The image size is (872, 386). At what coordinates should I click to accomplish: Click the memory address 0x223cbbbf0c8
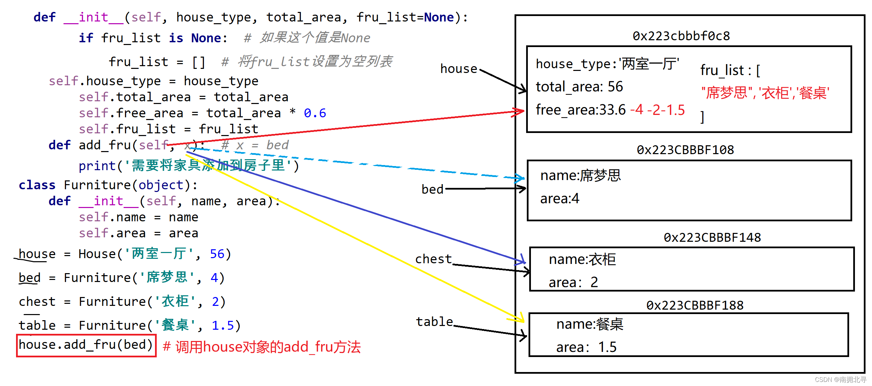coord(681,36)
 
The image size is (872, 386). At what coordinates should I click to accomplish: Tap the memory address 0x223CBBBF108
coord(685,150)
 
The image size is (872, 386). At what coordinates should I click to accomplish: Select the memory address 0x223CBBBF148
coord(712,238)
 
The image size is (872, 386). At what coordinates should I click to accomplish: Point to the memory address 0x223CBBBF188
coord(694,305)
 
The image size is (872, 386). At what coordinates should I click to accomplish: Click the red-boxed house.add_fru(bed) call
coord(86,345)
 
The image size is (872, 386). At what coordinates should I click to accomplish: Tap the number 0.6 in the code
coord(315,113)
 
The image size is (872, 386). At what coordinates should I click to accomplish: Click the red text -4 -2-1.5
coord(657,110)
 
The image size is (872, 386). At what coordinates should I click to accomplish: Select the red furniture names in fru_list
coord(765,93)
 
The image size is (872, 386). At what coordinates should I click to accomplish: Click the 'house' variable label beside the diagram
coord(459,69)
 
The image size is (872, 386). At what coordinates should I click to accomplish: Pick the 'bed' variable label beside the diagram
coord(432,189)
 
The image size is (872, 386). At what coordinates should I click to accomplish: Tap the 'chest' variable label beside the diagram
coord(433,259)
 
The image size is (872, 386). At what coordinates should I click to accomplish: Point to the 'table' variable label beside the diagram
coord(434,322)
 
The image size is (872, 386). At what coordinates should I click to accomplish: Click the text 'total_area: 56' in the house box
coord(579,87)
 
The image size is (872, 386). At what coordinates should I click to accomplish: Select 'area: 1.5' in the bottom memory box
coord(586,347)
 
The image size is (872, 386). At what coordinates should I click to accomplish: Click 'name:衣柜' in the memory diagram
coord(582,259)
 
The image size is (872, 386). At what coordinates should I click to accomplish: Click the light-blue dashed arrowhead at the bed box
coord(521,178)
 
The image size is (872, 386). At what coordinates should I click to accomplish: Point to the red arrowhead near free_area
coord(520,112)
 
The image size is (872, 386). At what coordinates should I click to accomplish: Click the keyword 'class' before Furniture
coord(37,185)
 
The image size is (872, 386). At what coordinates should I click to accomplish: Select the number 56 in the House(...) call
coord(217,254)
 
